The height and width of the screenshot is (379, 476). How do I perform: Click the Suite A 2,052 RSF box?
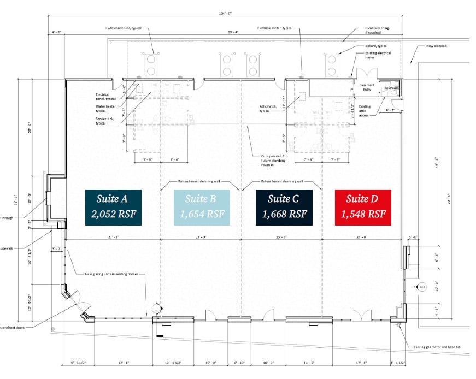(113, 208)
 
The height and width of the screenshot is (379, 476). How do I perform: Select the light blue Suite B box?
(199, 208)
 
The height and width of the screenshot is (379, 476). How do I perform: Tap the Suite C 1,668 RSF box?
(284, 208)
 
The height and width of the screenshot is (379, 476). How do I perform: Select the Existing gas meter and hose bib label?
(437, 347)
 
